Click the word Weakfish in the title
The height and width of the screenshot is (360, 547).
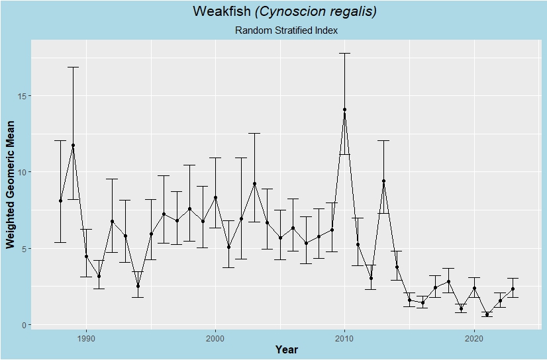tap(217, 11)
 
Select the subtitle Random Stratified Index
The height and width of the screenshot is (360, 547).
tap(286, 30)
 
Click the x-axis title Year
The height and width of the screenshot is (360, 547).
tap(287, 349)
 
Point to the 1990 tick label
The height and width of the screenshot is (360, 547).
tap(86, 337)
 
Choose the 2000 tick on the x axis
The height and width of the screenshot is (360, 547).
tap(215, 337)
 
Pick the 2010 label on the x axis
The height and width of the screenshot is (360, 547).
tap(344, 337)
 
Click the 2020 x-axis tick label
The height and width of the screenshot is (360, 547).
tap(474, 337)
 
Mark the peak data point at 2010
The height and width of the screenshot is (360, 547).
tap(344, 110)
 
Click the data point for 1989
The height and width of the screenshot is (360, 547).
tap(73, 146)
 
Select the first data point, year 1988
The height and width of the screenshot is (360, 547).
tap(60, 201)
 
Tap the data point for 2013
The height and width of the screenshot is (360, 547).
tap(383, 181)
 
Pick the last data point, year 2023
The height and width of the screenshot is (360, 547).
tap(513, 289)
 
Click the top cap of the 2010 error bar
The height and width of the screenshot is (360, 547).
tap(344, 53)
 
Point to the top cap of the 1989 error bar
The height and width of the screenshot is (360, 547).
tap(73, 67)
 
